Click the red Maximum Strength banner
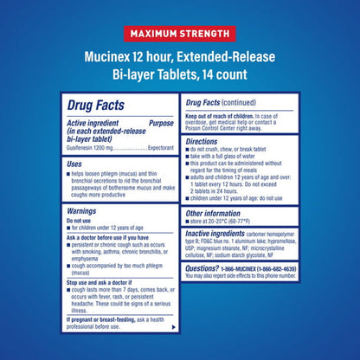tap(179, 35)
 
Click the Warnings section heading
tap(87, 210)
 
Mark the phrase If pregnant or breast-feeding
tap(98, 318)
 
